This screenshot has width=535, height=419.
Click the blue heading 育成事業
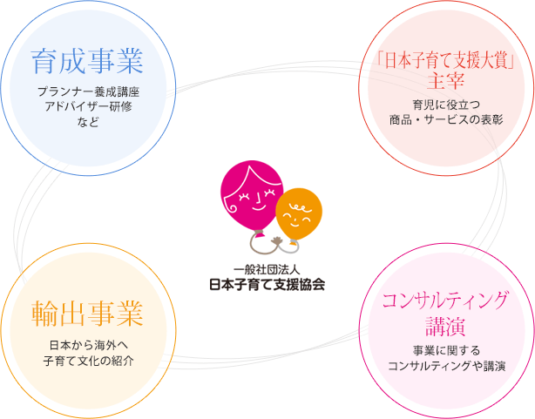point(87,62)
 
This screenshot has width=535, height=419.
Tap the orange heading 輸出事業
point(87,314)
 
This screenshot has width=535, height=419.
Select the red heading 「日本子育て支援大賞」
point(446,61)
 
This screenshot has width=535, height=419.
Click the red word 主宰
point(446,81)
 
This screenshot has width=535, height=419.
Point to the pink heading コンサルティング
point(445,301)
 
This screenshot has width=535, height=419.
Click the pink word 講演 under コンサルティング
point(445,326)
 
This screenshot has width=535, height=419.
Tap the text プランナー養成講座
point(88,91)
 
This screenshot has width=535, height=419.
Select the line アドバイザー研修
point(88,106)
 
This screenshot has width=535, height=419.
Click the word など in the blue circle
point(88,122)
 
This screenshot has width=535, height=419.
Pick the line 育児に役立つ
point(446,105)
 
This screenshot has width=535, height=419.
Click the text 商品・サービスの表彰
point(446,119)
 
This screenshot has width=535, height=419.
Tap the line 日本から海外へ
point(89,345)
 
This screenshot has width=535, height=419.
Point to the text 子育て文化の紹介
point(89,361)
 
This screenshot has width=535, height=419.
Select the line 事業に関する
point(446,350)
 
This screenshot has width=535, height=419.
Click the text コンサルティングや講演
point(446,366)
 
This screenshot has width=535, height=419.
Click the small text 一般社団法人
point(267,270)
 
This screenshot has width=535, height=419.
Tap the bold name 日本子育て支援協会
point(267,284)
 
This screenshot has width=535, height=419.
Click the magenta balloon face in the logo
point(252,196)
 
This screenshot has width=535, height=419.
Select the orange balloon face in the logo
point(299,214)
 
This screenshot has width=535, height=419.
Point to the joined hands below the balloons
point(276,242)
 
